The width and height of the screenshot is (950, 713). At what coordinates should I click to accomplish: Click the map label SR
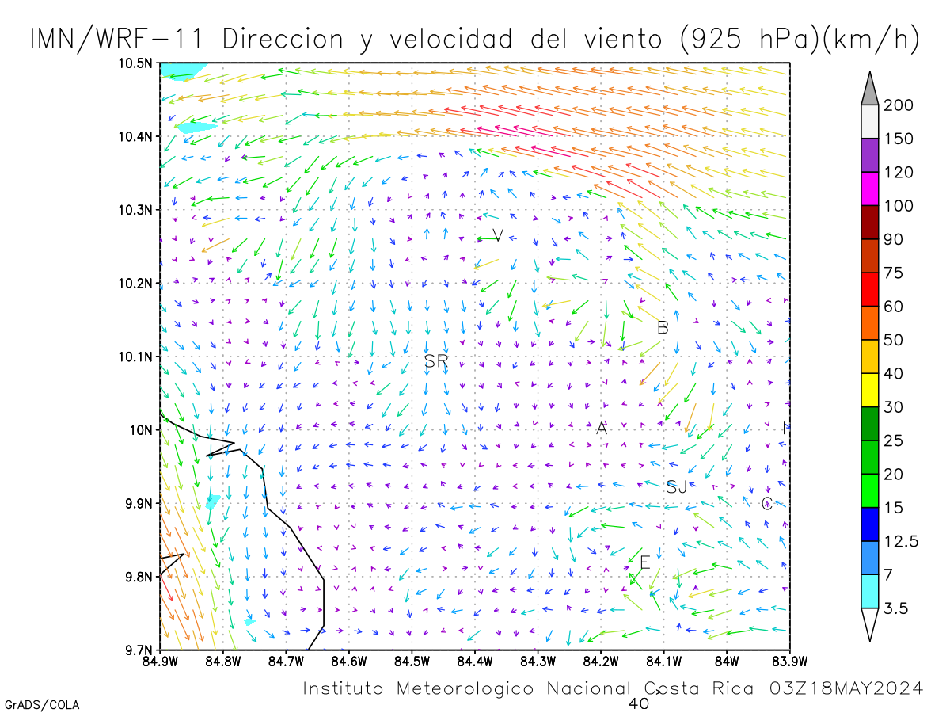pos(436,360)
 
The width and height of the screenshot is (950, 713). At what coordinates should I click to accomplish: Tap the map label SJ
pos(676,487)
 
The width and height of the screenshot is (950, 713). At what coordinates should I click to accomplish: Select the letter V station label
pos(498,235)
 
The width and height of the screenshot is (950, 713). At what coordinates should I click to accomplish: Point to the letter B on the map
pos(663,327)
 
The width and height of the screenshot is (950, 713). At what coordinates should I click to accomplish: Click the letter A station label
pos(602,428)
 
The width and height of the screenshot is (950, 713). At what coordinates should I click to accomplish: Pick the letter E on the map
pos(645,562)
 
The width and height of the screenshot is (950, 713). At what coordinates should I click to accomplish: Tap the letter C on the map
pos(766,504)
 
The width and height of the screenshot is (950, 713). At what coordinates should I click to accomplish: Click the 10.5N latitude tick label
pos(135,63)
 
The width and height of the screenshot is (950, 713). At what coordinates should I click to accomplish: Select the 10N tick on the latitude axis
pos(141,430)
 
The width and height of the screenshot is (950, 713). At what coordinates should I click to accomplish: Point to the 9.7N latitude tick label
pos(139,650)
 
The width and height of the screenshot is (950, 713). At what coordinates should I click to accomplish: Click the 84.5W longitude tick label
pos(412,662)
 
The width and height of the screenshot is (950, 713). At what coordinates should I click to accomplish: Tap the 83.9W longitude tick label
pos(790,662)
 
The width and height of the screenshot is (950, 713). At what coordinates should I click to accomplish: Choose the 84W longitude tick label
pos(727,662)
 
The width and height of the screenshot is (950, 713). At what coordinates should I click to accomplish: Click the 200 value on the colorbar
pos(898,105)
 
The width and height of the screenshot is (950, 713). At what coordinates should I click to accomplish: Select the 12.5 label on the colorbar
pos(901,541)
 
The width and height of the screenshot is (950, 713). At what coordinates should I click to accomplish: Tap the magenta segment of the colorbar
pos(869,189)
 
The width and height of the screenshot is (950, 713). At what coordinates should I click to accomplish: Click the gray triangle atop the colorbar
pos(869,91)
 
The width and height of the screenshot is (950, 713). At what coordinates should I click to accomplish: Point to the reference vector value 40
pos(639,703)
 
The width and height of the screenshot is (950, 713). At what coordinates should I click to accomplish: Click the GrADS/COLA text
pos(42,705)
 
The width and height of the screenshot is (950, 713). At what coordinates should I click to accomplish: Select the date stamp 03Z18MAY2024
pos(846,688)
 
